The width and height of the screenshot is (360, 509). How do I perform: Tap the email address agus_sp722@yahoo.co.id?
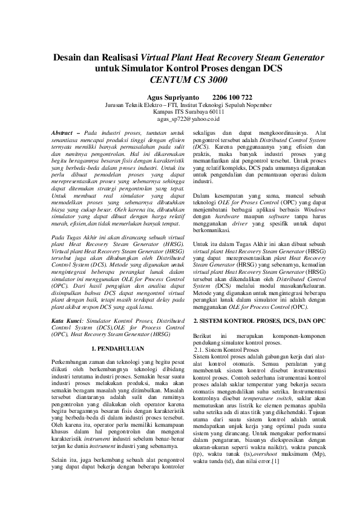point(180,120)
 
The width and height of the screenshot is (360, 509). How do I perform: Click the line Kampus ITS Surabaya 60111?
point(180,112)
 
